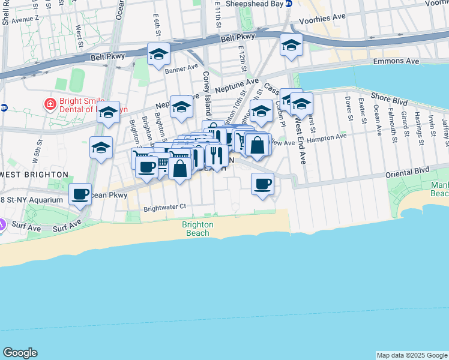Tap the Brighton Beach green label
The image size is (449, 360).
(197, 228)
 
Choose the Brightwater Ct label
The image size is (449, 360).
(165, 208)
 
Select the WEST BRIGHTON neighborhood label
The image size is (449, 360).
(34, 174)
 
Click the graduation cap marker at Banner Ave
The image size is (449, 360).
(159, 55)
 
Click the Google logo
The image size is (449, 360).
(20, 353)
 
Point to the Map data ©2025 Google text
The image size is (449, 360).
(412, 355)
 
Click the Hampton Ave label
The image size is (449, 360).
(327, 137)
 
